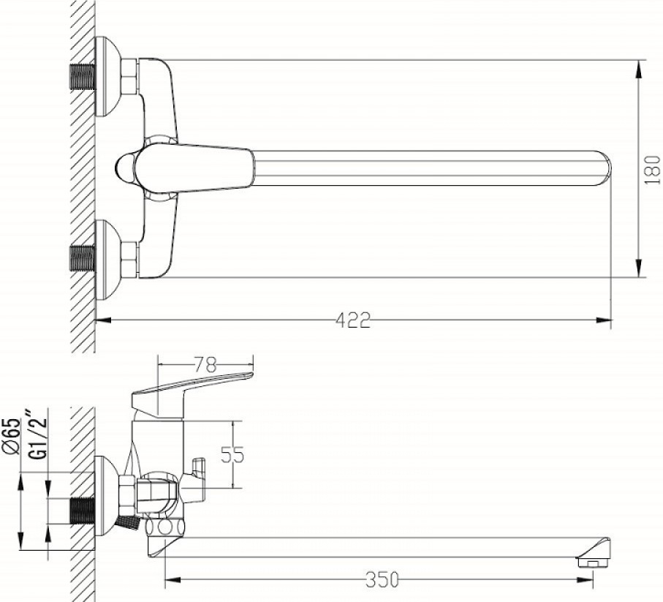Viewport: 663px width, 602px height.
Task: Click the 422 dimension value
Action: click(352, 320)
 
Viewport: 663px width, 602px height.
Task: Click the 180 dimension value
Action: click(653, 170)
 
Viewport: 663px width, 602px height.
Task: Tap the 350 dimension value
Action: click(382, 579)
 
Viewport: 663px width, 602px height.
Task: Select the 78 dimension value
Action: click(205, 364)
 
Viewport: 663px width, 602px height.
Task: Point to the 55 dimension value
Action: click(232, 455)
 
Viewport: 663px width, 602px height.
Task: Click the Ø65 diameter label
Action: click(12, 436)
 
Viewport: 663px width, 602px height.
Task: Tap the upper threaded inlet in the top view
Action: click(83, 77)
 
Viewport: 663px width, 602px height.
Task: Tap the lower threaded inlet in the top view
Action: click(83, 258)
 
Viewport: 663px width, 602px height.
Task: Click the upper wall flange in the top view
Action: click(108, 77)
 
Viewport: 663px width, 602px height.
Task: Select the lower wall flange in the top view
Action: click(108, 260)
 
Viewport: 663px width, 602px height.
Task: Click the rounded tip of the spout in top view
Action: click(605, 168)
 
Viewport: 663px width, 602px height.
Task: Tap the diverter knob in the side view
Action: click(194, 480)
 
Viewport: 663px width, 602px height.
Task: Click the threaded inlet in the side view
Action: click(83, 511)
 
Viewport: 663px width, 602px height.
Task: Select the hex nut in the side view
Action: click(128, 495)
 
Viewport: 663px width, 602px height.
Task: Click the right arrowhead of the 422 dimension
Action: click(604, 320)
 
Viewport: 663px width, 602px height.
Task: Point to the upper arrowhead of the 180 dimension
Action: click(640, 68)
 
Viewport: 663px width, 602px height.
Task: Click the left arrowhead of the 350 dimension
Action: click(173, 579)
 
